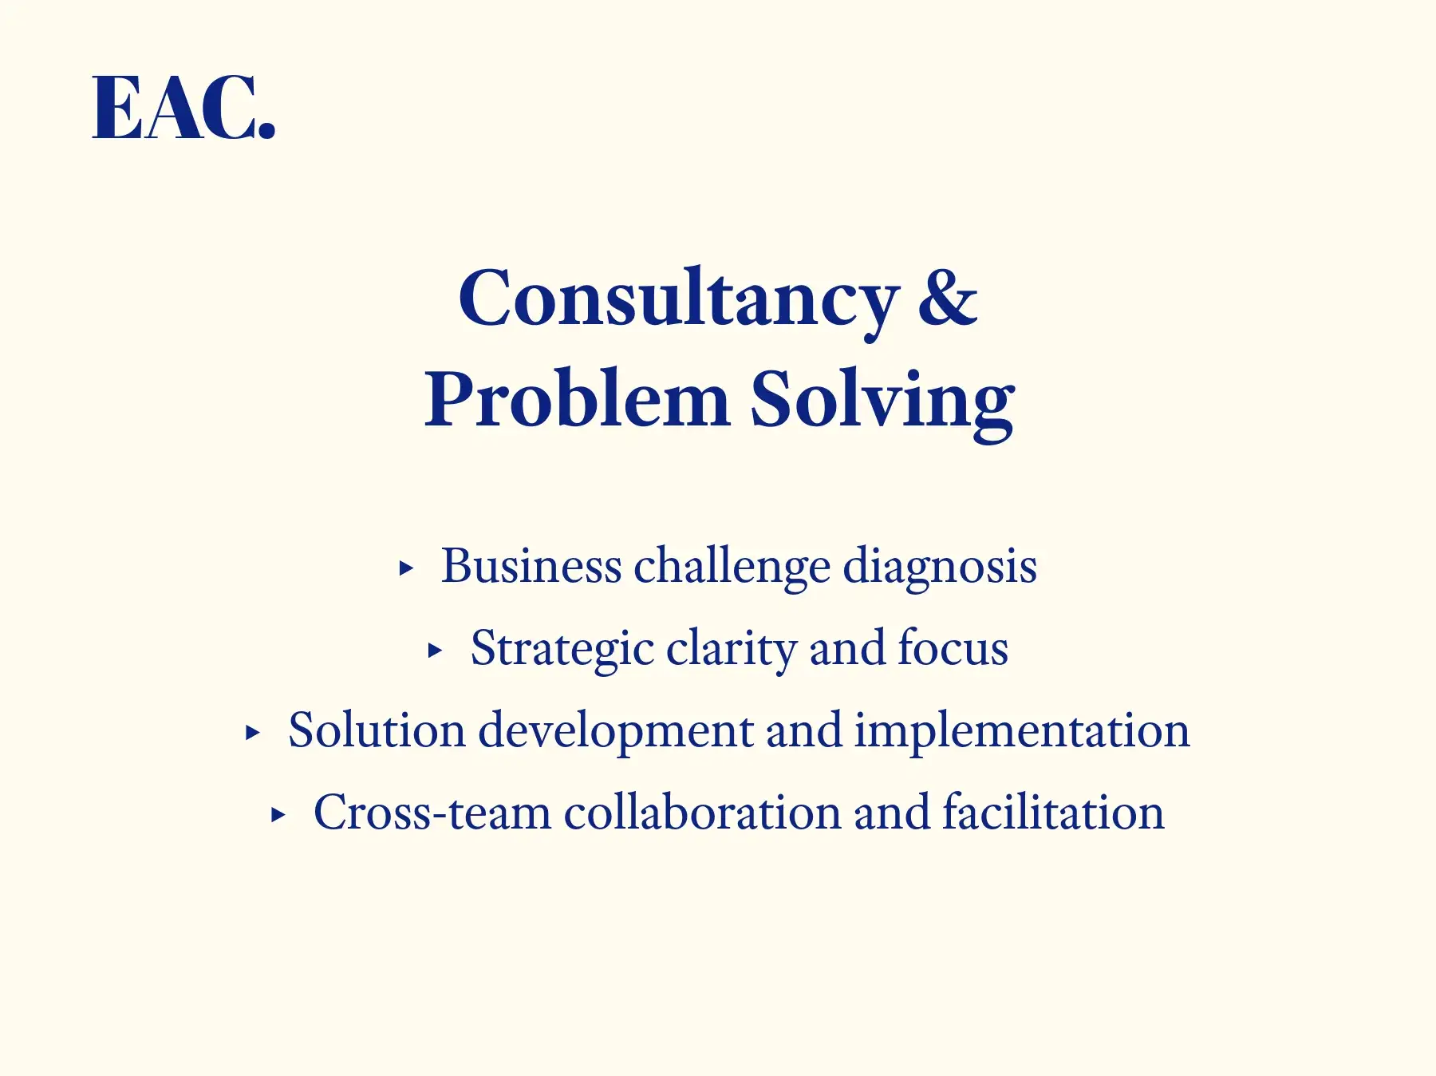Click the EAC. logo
coord(184,108)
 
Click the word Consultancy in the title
coord(679,300)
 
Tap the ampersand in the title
coord(948,296)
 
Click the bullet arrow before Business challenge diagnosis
coord(406,568)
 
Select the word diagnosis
coord(941,568)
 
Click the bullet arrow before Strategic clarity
coord(435,651)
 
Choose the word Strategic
coord(562,649)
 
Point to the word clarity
coord(732,649)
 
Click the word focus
coord(953,647)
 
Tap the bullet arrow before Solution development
coord(252,733)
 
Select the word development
coord(616,732)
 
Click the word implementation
coord(1023,732)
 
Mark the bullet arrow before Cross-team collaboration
coord(278,815)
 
